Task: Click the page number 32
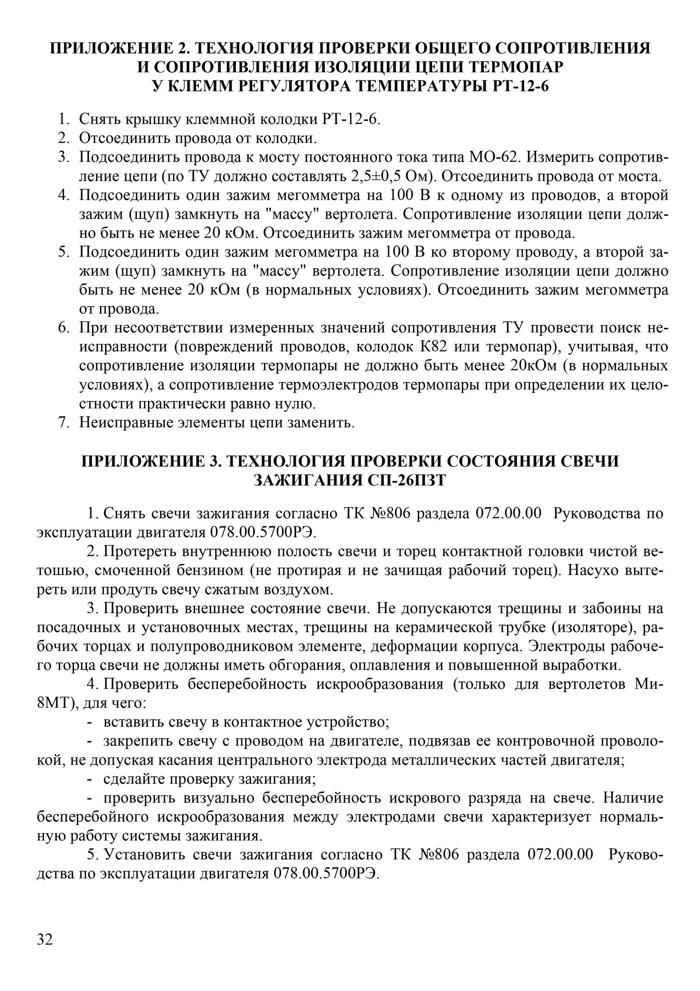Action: [x=45, y=939]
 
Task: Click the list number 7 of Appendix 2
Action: [x=63, y=423]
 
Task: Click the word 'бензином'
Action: [x=234, y=570]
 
